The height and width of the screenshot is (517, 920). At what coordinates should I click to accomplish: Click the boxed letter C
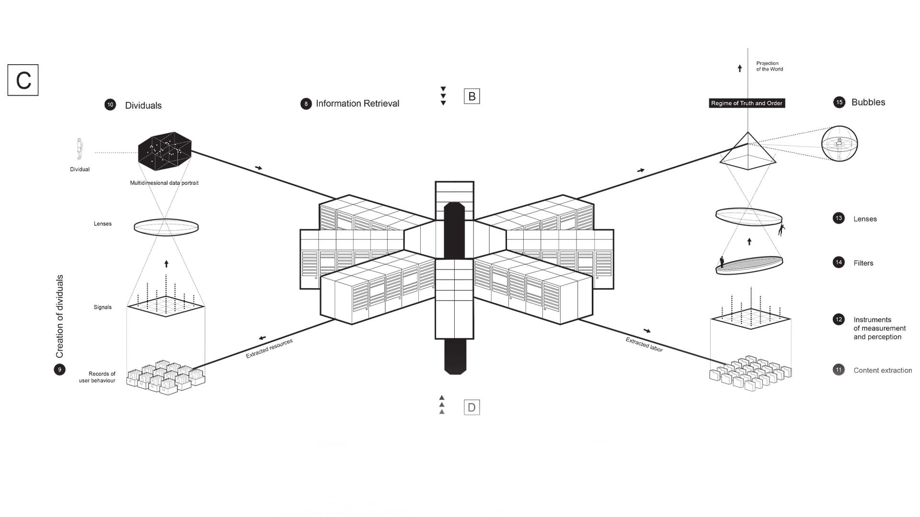(x=23, y=80)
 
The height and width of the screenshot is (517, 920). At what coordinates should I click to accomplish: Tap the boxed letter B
(x=472, y=96)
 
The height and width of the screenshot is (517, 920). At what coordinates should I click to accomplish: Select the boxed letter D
(x=472, y=407)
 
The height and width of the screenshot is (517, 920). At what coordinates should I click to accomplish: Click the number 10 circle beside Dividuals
(x=110, y=105)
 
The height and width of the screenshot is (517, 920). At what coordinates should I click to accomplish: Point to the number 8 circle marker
(x=306, y=104)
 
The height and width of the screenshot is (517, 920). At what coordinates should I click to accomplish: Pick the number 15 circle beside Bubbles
(x=839, y=102)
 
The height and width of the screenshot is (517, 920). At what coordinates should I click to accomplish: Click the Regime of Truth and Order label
(x=747, y=103)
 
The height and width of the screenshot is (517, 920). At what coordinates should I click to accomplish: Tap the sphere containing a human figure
(x=839, y=144)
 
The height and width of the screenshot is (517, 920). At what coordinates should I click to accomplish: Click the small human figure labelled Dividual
(x=80, y=149)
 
